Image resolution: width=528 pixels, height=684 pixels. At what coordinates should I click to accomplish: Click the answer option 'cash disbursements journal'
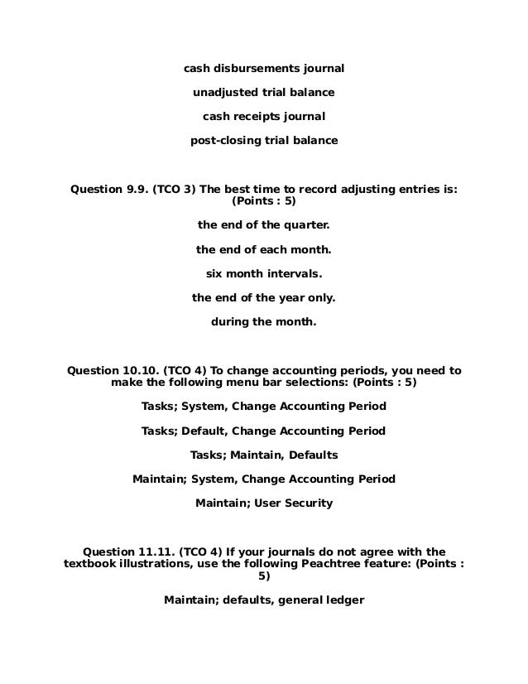tap(263, 66)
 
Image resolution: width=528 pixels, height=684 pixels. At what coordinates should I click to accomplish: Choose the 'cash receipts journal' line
tap(263, 116)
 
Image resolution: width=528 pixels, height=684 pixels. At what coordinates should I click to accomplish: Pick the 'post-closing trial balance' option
tap(263, 141)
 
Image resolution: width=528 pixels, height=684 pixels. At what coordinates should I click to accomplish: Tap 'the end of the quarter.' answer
tap(263, 225)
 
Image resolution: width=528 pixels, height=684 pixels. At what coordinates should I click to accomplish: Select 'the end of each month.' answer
tap(263, 249)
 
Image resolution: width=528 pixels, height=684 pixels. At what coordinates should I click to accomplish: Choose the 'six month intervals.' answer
tap(263, 273)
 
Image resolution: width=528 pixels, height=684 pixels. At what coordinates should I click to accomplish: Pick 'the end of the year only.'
tap(263, 297)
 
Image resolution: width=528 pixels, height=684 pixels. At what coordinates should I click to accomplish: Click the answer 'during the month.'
tap(263, 321)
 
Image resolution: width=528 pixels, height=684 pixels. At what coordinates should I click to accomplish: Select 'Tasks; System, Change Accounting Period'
tap(263, 407)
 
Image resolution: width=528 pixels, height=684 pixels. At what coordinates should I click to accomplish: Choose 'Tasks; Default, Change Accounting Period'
tap(263, 431)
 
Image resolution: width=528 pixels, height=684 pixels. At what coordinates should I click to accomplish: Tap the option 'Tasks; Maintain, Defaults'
tap(263, 455)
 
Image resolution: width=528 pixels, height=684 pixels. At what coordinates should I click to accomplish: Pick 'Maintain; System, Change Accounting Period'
tap(263, 479)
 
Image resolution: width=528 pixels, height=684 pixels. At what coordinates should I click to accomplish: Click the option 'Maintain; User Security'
tap(263, 503)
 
